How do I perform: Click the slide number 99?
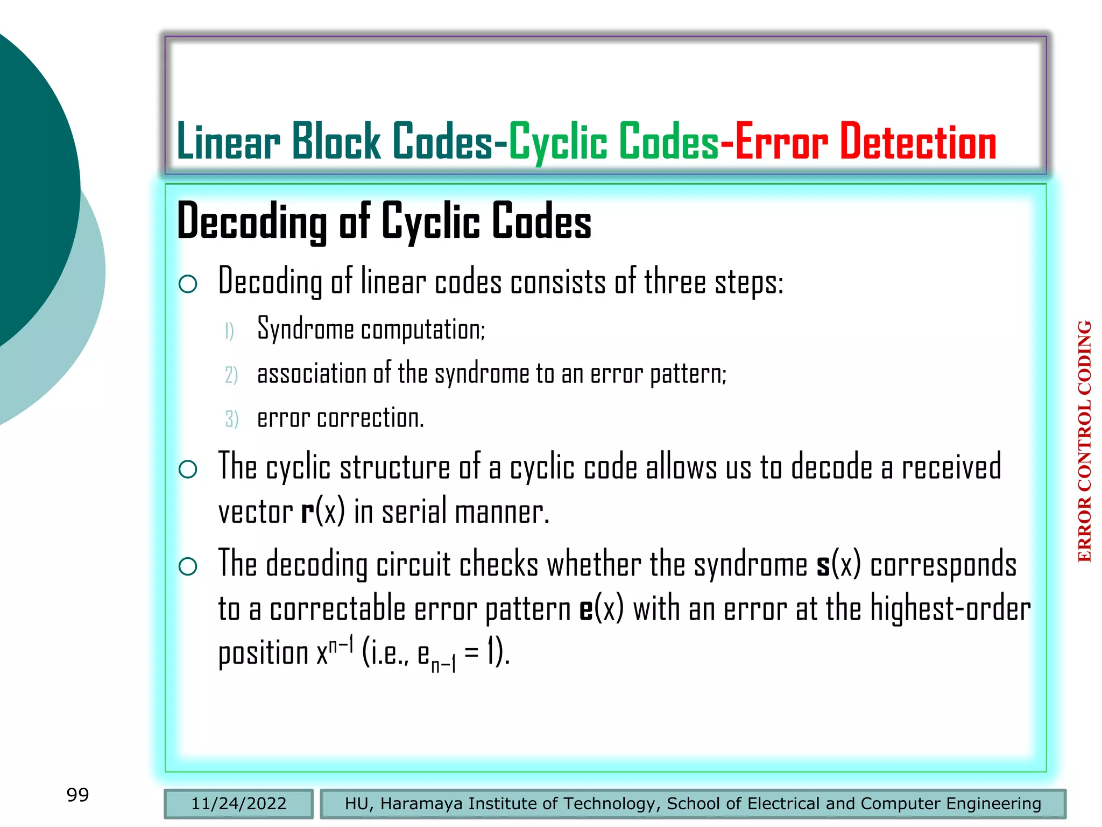pos(77,795)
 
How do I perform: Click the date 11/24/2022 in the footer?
pos(238,803)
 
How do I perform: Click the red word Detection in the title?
pos(917,142)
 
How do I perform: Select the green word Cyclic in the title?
pos(559,142)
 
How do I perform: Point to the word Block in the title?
pos(336,142)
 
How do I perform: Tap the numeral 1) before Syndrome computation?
pos(229,331)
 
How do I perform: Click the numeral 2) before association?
pos(231,375)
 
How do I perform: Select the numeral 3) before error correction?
pos(231,419)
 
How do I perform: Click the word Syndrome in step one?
pos(305,328)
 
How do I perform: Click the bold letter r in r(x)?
pos(307,512)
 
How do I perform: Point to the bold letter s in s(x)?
pos(823,566)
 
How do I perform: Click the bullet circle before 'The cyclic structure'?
pos(188,469)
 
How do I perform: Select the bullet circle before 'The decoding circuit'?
pos(188,566)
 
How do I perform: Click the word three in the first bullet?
pos(675,282)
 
